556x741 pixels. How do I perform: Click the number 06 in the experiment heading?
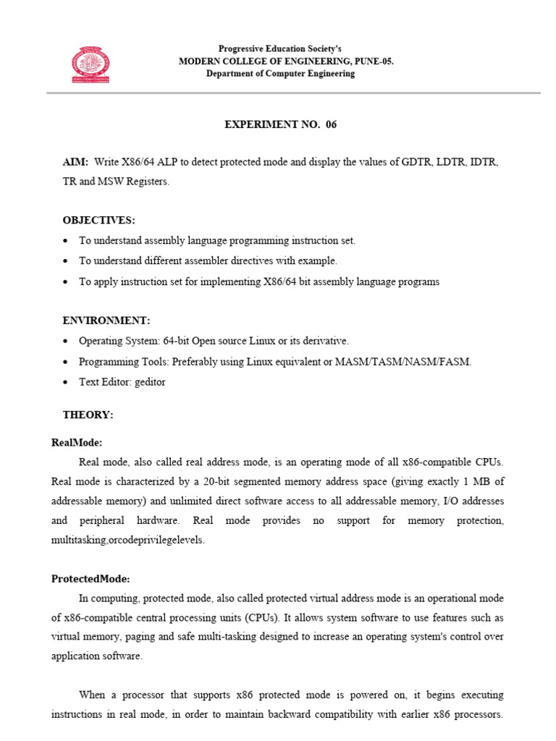click(x=331, y=124)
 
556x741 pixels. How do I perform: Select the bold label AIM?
click(x=75, y=162)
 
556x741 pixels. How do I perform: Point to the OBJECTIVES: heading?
click(x=98, y=220)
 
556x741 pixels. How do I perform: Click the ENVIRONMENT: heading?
click(x=106, y=320)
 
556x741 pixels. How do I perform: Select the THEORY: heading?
click(x=88, y=415)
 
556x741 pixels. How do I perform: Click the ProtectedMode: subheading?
click(x=90, y=579)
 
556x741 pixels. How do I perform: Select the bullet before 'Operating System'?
click(x=67, y=341)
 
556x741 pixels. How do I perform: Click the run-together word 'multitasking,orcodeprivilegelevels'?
click(x=128, y=541)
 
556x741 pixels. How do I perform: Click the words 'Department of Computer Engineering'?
click(x=280, y=74)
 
